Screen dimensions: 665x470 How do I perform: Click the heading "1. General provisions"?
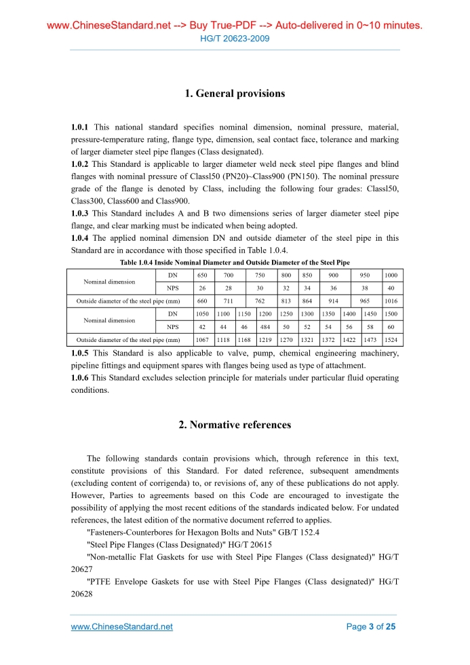(235, 94)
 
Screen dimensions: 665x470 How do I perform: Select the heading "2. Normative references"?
(235, 425)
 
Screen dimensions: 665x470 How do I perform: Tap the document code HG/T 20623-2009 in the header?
(235, 39)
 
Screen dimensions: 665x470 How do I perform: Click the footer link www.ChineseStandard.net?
(121, 626)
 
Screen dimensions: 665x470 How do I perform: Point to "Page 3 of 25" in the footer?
(370, 626)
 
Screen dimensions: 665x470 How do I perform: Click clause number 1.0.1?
(80, 127)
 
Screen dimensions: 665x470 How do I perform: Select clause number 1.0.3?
(80, 214)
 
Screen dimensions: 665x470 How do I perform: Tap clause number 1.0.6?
(80, 377)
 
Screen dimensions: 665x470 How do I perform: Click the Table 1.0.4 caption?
(235, 262)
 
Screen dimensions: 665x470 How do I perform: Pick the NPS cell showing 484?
(265, 327)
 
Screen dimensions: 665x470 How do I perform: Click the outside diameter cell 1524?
(391, 339)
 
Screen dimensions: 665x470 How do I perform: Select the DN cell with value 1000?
(391, 275)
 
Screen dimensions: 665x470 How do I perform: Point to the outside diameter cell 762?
(259, 301)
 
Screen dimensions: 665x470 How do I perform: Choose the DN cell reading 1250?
(286, 314)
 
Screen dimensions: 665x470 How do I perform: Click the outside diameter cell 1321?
(307, 339)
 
